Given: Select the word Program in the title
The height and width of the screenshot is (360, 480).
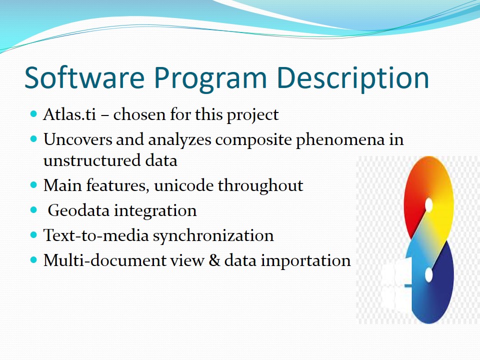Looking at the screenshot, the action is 210,79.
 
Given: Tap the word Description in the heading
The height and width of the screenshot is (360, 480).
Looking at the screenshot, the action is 352,78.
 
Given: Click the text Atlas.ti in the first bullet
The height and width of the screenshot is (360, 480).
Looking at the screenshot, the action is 70,114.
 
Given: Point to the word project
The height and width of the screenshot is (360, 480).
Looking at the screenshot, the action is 252,115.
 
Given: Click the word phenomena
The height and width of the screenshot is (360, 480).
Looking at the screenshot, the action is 340,140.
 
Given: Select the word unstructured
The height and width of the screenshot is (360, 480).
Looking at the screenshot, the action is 92,160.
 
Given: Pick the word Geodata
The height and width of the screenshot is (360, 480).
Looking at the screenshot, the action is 78,210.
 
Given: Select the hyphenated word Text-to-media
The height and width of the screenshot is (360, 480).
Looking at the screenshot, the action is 96,235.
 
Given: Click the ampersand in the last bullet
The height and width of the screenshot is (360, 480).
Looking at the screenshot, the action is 214,260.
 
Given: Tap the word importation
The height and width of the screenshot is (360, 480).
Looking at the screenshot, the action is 305,261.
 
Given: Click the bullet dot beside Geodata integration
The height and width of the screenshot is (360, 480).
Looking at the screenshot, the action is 33,210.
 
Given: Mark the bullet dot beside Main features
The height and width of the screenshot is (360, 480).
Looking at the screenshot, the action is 33,185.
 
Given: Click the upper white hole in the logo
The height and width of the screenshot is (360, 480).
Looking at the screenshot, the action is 429,205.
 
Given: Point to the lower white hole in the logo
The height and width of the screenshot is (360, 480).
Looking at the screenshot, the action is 429,275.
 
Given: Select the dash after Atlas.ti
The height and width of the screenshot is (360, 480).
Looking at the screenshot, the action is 104,115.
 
